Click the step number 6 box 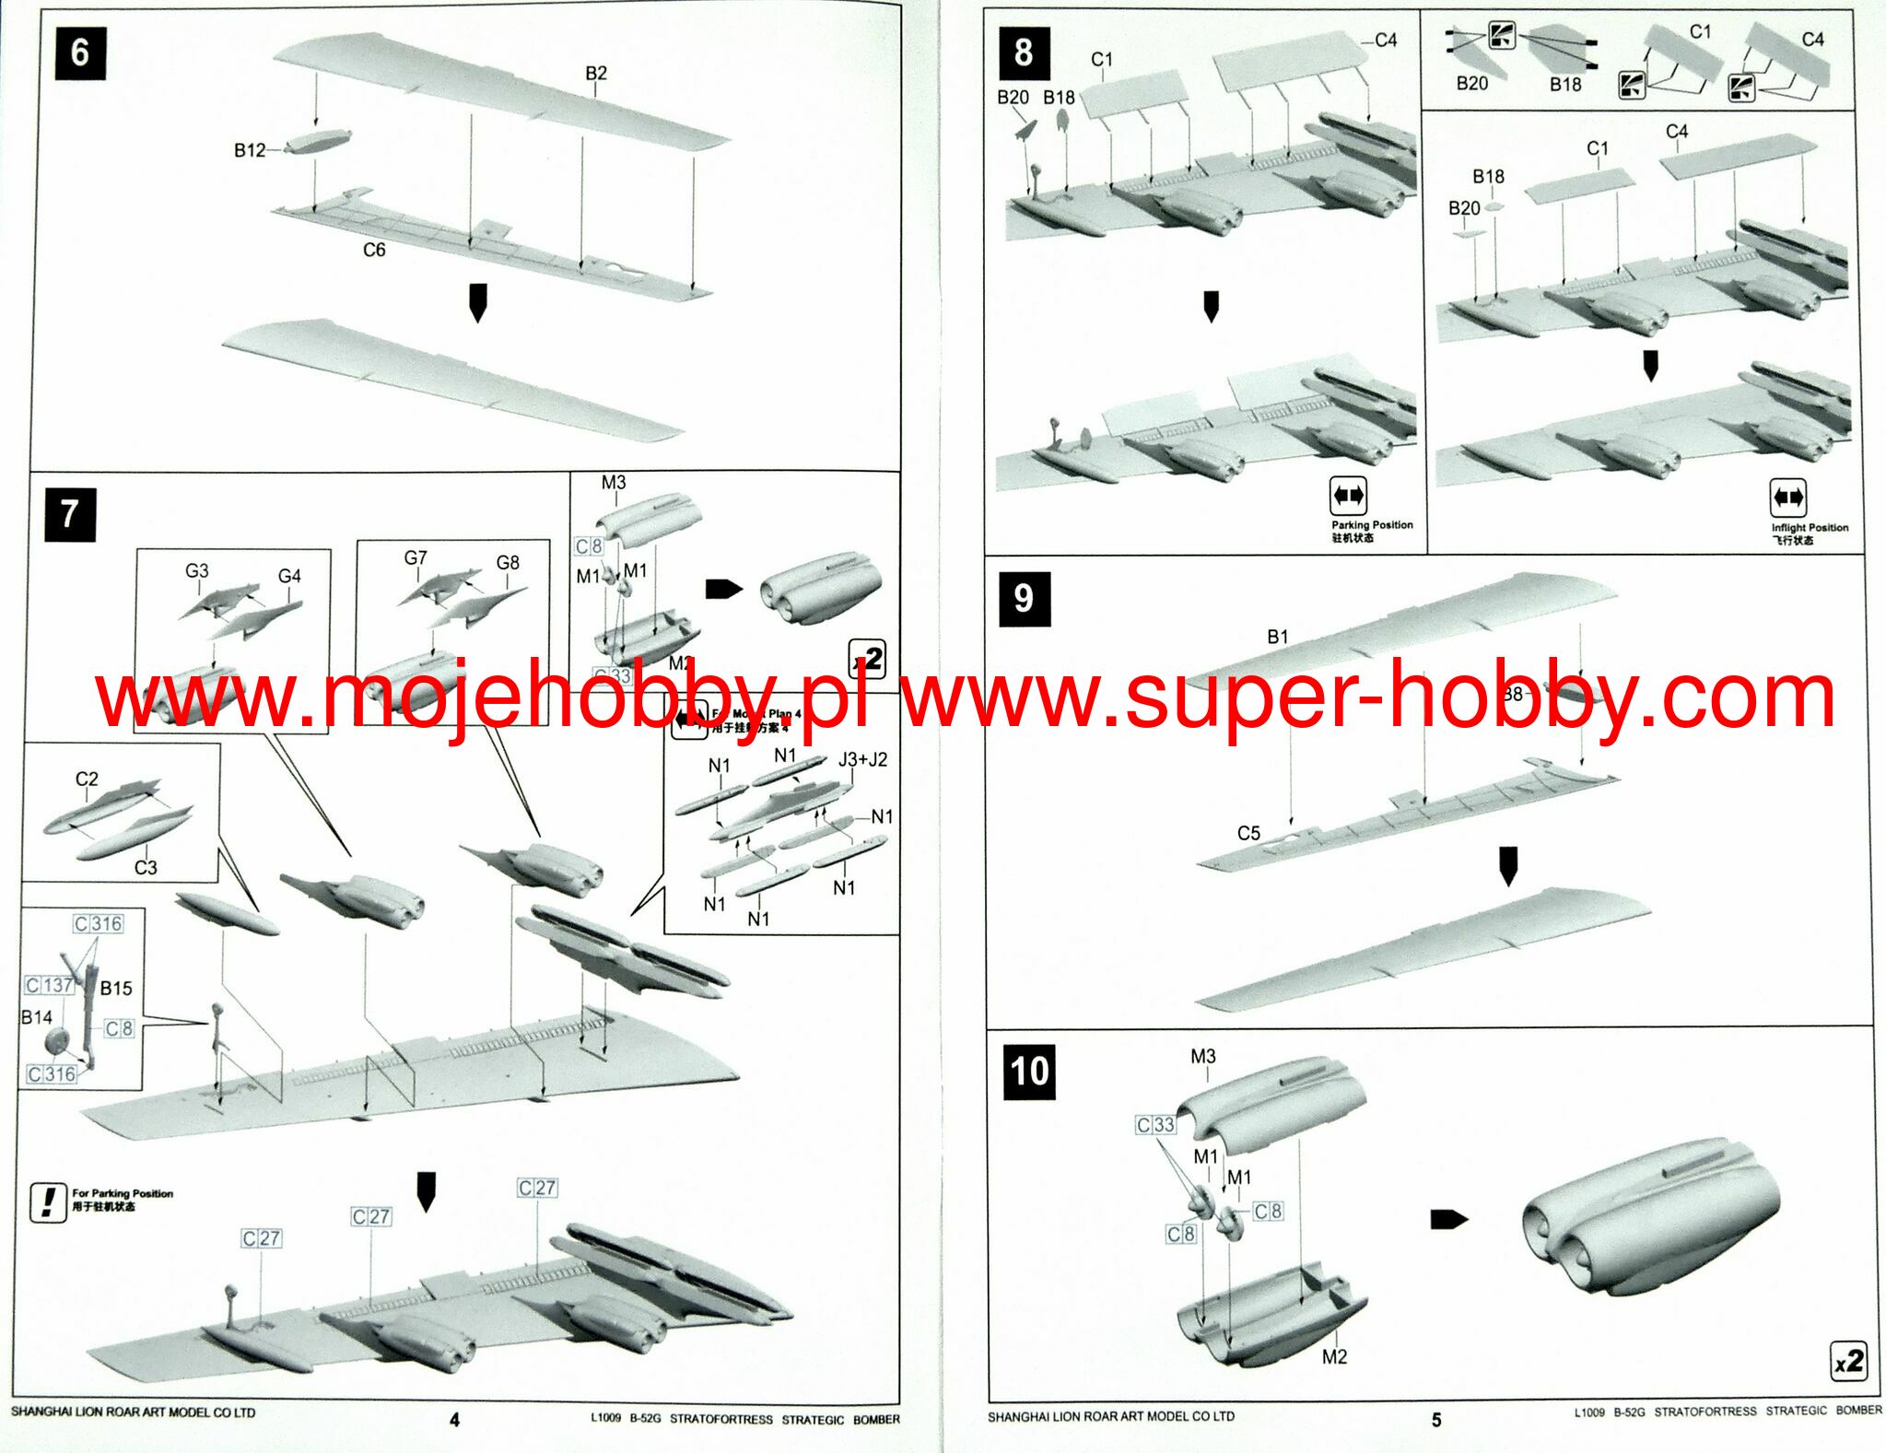click(80, 53)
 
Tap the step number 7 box click(70, 513)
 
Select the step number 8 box click(1024, 53)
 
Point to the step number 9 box click(1024, 598)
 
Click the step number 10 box click(1029, 1072)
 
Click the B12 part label click(249, 150)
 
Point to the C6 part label click(374, 250)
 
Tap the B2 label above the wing click(596, 73)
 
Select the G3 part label click(196, 571)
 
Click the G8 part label click(508, 562)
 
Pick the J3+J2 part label click(862, 759)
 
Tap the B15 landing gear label click(116, 989)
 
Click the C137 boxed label click(50, 985)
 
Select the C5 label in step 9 click(1248, 833)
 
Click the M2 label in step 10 click(1334, 1356)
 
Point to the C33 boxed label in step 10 click(1155, 1125)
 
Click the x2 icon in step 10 click(1848, 1362)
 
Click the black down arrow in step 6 click(477, 302)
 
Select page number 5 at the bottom click(1435, 1420)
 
